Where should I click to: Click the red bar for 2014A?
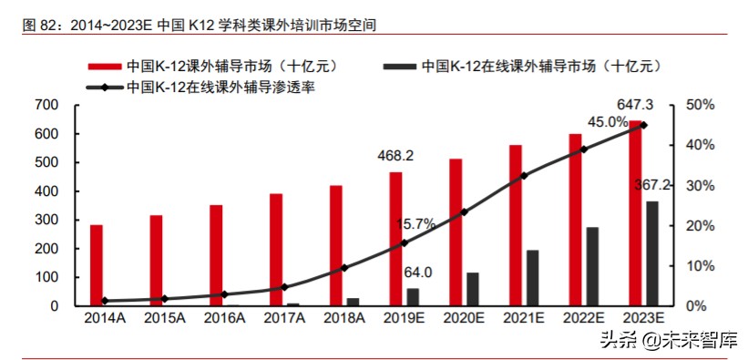click(97, 265)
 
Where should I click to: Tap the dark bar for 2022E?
click(592, 266)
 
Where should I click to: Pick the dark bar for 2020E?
click(473, 289)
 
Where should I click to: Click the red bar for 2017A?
click(275, 250)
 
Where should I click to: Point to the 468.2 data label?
click(395, 157)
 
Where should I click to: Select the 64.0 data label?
click(417, 273)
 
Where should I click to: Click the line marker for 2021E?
click(524, 175)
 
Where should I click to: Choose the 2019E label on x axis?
click(405, 318)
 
